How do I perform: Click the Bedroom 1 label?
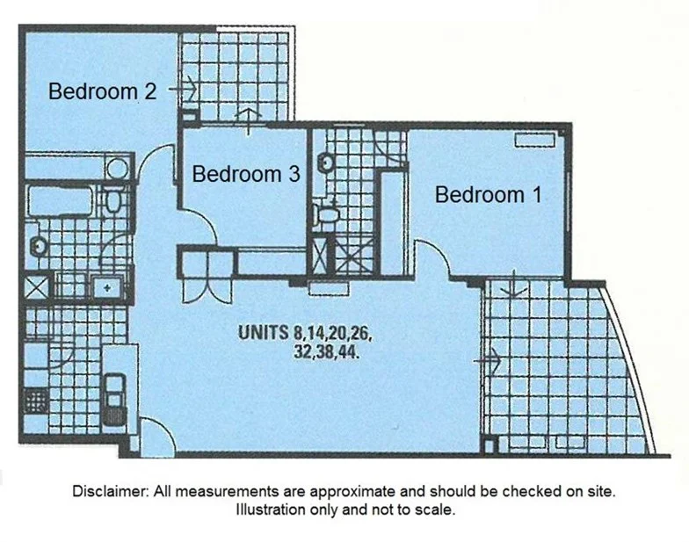(x=488, y=195)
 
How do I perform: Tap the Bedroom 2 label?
(x=102, y=91)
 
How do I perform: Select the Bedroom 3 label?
(x=245, y=174)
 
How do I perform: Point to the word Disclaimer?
(x=111, y=492)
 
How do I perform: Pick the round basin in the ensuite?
(x=325, y=163)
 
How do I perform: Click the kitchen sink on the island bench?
(x=113, y=388)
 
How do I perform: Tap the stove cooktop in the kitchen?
(x=36, y=401)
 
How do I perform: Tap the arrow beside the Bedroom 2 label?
(x=185, y=89)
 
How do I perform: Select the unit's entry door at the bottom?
(x=154, y=436)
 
